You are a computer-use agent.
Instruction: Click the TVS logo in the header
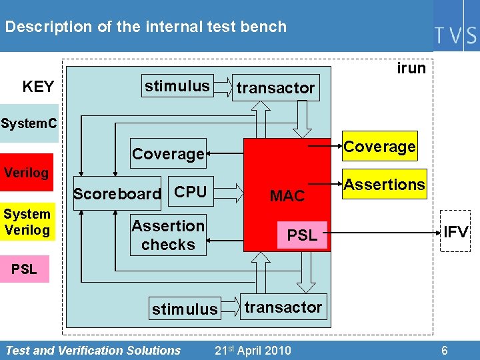456,35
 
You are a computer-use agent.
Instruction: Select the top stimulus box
177,86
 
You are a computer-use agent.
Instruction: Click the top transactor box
275,88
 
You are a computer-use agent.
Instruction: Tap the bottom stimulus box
185,309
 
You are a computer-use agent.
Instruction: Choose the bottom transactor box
283,307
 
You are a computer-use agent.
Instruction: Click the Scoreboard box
117,194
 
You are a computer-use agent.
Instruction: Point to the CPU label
191,192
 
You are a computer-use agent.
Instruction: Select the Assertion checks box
168,235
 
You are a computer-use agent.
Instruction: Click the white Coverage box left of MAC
168,154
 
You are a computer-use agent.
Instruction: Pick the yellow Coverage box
379,147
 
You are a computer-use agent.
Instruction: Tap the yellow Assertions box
384,185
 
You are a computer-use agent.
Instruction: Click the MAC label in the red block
287,196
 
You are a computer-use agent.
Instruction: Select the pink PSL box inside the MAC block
302,235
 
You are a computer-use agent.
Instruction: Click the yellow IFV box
456,232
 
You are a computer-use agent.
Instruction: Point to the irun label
411,69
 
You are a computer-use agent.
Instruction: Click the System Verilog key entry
27,222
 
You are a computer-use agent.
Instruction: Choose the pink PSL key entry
25,270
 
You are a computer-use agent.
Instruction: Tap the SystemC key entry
29,123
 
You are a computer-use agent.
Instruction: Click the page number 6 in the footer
444,351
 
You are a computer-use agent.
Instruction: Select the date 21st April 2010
253,351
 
